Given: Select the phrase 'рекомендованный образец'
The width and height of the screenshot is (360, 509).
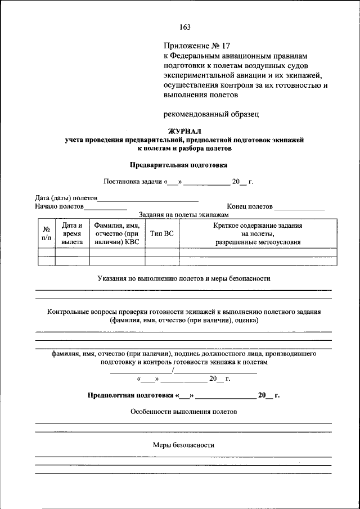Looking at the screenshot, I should (211, 114).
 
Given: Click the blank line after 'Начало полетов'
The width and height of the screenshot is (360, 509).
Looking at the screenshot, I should (105, 207).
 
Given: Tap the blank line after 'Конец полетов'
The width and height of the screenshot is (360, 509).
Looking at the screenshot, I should (299, 207).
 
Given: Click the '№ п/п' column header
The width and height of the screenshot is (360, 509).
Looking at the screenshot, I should (46, 234).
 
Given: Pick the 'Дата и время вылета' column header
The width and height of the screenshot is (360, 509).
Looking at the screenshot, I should (72, 233).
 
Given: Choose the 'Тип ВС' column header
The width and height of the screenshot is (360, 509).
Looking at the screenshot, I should (162, 234).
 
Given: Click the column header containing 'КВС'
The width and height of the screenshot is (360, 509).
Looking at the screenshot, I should (117, 233).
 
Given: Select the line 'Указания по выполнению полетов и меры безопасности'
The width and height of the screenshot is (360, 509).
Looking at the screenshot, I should (184, 278).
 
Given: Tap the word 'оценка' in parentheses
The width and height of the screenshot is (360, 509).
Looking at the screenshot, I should (245, 320).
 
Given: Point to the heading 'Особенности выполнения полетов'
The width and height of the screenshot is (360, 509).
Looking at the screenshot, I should (184, 411).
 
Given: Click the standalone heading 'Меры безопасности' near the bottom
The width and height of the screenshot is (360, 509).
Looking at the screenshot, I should (184, 445).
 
